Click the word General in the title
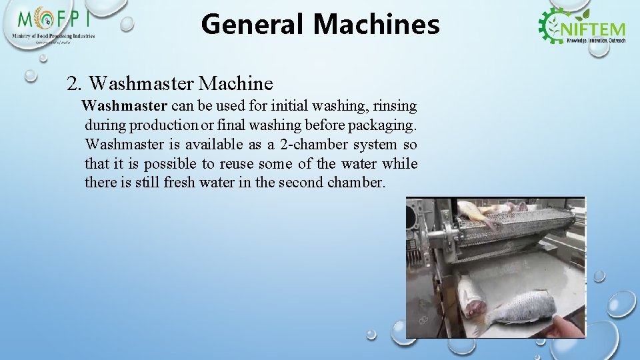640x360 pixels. pyautogui.click(x=253, y=25)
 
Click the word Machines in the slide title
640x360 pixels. pyautogui.click(x=376, y=25)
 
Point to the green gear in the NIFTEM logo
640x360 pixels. pyautogui.click(x=553, y=26)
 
